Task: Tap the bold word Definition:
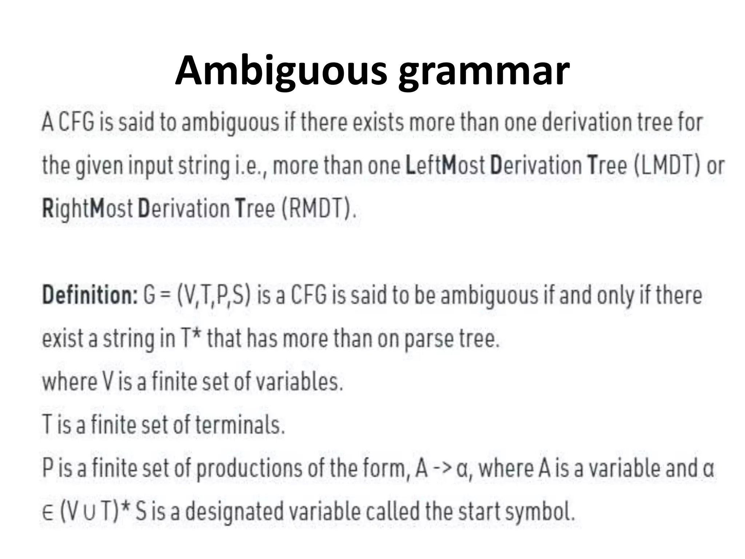89,295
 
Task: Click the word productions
249,469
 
